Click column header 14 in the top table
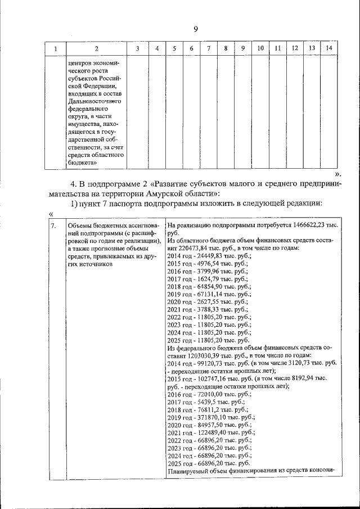(x=329, y=49)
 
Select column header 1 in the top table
(x=55, y=49)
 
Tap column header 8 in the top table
(x=225, y=49)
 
